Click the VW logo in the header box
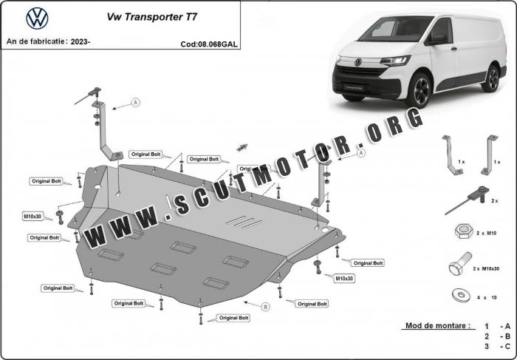[37, 18]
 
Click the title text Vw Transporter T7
[152, 17]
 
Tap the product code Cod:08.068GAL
[209, 44]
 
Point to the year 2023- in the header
[81, 41]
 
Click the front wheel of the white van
[419, 89]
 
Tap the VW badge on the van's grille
[357, 62]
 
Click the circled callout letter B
[265, 307]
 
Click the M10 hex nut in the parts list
[464, 231]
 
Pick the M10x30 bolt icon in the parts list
[460, 264]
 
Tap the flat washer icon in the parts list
[461, 295]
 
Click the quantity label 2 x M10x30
[486, 268]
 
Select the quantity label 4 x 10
[487, 297]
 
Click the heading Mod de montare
[437, 326]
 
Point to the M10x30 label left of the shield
[32, 217]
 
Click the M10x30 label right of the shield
[344, 279]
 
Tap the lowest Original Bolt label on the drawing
[234, 318]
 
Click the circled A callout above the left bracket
[135, 102]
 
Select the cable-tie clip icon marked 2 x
[468, 200]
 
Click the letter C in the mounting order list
[507, 346]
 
